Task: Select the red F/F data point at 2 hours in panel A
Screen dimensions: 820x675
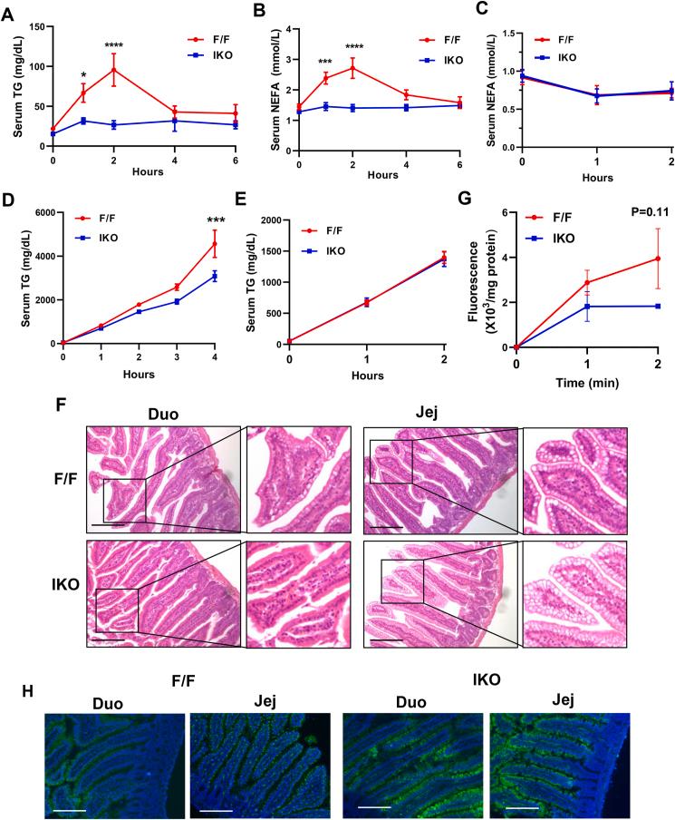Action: [114, 70]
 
